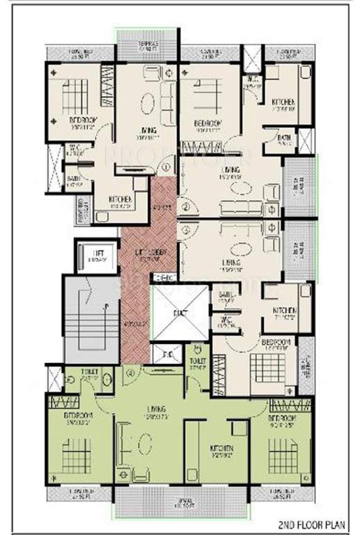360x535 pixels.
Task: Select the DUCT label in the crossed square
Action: click(x=178, y=314)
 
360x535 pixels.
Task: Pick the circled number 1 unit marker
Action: click(x=166, y=167)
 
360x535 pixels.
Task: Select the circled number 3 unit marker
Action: click(x=185, y=228)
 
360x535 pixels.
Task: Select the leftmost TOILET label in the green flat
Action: click(x=88, y=372)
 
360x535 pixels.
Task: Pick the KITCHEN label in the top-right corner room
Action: click(x=283, y=103)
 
